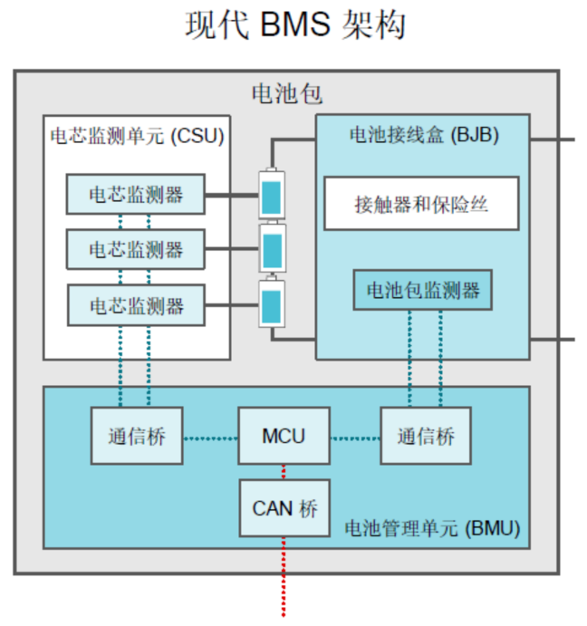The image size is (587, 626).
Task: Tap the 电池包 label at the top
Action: (x=286, y=93)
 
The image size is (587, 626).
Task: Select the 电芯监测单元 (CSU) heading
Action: (x=137, y=136)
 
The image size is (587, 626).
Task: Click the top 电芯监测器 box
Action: (x=136, y=194)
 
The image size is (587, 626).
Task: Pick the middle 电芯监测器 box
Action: (x=136, y=249)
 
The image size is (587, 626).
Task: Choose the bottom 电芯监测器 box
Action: (x=136, y=305)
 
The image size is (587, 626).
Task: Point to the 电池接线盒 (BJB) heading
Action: (x=423, y=135)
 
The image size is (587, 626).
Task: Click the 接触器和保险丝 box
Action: (x=421, y=203)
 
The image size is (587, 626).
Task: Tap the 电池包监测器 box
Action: (x=422, y=291)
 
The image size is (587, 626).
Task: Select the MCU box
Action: (x=284, y=437)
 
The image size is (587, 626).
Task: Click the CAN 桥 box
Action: (x=284, y=508)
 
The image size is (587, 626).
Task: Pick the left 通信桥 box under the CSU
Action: (x=135, y=437)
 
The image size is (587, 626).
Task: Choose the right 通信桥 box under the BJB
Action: (x=426, y=437)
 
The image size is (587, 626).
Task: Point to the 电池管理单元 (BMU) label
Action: (x=434, y=529)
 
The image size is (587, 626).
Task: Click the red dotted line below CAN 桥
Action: (x=284, y=580)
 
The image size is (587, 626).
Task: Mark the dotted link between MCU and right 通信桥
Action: (x=355, y=438)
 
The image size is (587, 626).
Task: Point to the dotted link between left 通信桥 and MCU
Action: (x=210, y=438)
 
